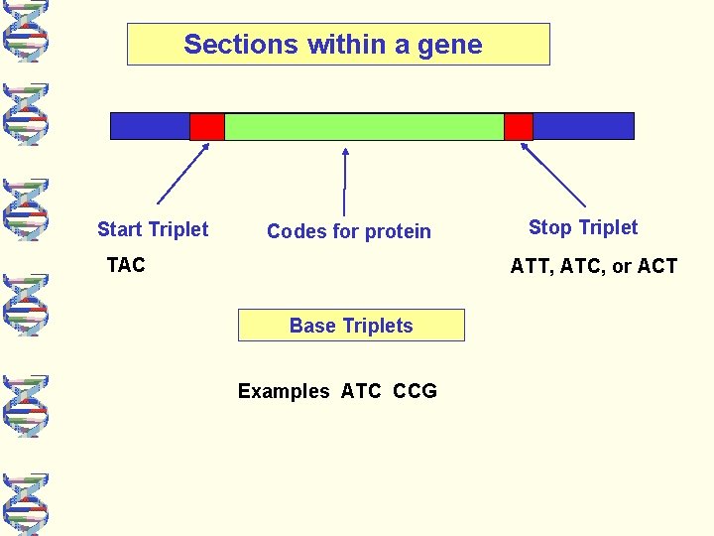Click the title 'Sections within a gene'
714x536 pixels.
point(333,45)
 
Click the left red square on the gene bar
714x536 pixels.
point(206,126)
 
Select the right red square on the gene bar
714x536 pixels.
point(518,126)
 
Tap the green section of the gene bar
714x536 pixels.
point(364,126)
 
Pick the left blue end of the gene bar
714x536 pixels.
point(149,126)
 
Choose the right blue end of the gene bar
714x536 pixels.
point(583,126)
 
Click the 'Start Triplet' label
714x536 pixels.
point(153,229)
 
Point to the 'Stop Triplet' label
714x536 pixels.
point(583,227)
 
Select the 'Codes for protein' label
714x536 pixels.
point(349,231)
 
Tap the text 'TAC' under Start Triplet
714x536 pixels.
point(126,265)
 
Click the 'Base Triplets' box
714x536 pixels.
point(351,326)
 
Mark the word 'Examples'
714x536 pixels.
point(284,391)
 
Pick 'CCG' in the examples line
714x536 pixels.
point(415,391)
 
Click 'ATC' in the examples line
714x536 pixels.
point(361,391)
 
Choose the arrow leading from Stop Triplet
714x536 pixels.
point(553,175)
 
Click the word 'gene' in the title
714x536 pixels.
point(456,45)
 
